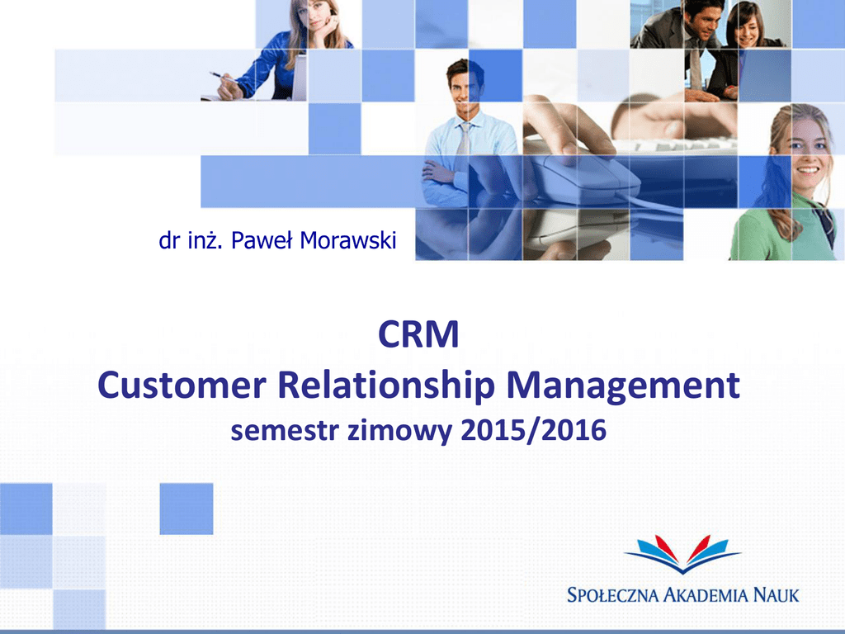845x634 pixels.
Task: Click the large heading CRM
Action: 418,334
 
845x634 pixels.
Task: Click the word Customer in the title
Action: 182,386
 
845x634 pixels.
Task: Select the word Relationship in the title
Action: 386,387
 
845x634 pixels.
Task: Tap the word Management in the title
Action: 623,387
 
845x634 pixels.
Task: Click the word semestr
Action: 285,431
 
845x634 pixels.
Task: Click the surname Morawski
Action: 348,240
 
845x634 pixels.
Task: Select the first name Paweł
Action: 262,240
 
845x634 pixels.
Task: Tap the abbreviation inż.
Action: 205,240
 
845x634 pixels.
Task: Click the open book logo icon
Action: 682,554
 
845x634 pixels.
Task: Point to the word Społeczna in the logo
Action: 613,595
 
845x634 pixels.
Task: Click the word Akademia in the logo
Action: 706,595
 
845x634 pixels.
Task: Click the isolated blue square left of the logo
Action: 186,509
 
